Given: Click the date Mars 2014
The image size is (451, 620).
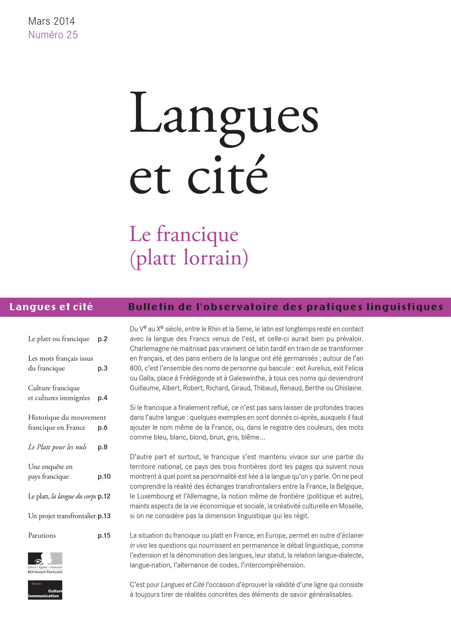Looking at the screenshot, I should click(x=52, y=21).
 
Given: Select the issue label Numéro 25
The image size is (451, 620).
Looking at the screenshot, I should click(x=53, y=35).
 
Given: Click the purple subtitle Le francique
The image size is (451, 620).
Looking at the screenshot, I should click(x=184, y=234).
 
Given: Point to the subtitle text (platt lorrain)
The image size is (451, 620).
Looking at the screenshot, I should click(x=189, y=258).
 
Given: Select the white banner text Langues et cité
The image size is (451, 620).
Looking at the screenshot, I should click(x=51, y=307).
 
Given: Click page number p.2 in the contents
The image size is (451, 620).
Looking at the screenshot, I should click(x=102, y=339).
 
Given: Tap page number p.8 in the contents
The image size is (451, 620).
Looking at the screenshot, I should click(x=102, y=447).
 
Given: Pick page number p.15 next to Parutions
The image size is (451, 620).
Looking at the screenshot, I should click(x=104, y=535).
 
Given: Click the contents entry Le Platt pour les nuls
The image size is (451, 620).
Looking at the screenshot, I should click(x=57, y=447).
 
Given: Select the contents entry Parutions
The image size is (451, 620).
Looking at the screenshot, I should click(x=42, y=535).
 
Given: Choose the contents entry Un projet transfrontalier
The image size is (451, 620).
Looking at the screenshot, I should click(x=62, y=516).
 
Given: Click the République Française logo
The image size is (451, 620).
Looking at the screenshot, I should click(x=45, y=563).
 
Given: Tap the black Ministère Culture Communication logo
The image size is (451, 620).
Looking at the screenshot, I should click(x=45, y=590).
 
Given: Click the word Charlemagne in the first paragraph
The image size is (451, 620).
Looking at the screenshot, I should click(x=149, y=348).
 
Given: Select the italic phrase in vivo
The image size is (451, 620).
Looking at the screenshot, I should click(x=138, y=545).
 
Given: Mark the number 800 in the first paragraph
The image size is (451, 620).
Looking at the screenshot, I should click(x=135, y=368).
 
